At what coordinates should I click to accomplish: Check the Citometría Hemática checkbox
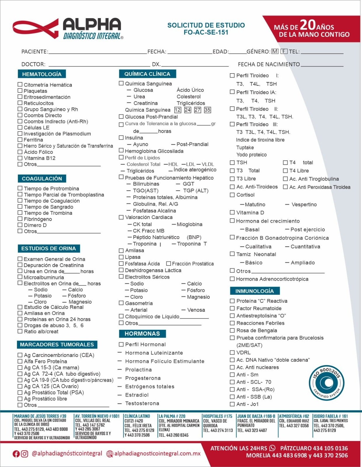click(x=20, y=84)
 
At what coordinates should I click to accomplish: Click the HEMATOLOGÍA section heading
click(x=41, y=74)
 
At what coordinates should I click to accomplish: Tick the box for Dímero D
click(x=20, y=225)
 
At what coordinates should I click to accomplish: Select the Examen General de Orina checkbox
click(x=20, y=259)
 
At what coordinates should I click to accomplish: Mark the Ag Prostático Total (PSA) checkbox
click(x=20, y=392)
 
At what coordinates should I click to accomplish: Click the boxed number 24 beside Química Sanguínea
click(x=188, y=110)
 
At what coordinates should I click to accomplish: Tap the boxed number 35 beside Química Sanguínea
click(x=207, y=110)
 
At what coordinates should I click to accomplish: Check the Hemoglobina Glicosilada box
click(x=121, y=151)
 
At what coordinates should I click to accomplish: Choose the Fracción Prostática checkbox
click(x=168, y=263)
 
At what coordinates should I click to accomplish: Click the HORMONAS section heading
click(x=142, y=334)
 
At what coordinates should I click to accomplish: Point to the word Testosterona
click(x=142, y=403)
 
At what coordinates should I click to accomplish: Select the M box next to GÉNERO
click(x=274, y=51)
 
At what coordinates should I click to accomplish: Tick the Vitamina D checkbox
click(x=232, y=212)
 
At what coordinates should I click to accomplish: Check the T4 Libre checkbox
click(x=285, y=170)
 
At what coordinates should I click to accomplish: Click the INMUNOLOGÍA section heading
click(x=254, y=291)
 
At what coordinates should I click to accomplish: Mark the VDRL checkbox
click(x=232, y=352)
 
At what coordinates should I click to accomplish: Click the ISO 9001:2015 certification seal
click(x=326, y=383)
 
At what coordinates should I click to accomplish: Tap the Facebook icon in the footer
click(x=16, y=454)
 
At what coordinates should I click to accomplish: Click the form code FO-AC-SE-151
click(x=206, y=32)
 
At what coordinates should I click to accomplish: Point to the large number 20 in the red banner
click(x=307, y=25)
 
